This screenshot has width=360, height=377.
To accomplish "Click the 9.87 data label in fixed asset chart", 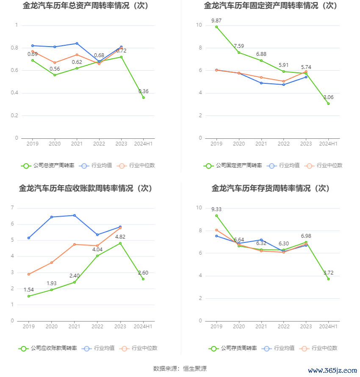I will [x=216, y=20].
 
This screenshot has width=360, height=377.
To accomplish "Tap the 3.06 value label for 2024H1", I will [x=328, y=97].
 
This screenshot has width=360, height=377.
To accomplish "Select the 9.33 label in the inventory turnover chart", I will [x=216, y=209].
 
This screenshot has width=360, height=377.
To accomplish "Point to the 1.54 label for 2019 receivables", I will [x=28, y=290].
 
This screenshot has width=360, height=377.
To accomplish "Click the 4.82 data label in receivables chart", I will [x=120, y=237].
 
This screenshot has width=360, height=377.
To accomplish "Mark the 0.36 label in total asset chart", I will [x=143, y=91].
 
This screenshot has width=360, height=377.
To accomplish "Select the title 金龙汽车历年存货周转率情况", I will [x=270, y=188].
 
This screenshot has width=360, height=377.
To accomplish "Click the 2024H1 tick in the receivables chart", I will [x=143, y=326].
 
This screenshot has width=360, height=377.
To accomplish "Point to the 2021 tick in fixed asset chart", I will [x=261, y=144].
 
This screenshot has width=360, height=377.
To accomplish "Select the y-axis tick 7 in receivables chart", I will [x=13, y=208].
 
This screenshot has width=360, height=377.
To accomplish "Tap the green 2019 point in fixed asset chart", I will [x=216, y=27].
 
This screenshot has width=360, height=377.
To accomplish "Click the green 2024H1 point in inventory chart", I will [x=328, y=279].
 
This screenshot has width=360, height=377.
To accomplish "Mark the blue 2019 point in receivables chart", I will [x=29, y=238].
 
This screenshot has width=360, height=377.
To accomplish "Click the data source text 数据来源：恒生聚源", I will [x=180, y=369].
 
